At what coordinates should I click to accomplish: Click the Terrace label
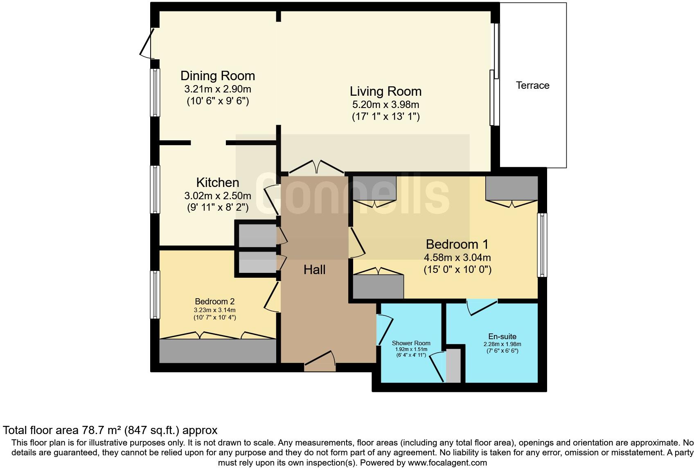[532, 85]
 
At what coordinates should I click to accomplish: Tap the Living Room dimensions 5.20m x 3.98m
[385, 105]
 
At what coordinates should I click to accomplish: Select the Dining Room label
[218, 76]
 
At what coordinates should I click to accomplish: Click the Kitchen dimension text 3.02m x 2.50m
[218, 196]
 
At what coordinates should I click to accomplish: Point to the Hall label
[315, 270]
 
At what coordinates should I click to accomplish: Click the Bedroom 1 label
[457, 244]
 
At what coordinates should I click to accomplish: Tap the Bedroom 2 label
[214, 301]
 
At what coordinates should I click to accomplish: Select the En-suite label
[502, 337]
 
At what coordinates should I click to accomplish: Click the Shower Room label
[411, 343]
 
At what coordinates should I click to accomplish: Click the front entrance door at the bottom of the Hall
[320, 360]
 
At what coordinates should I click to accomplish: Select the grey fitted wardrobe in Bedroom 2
[218, 351]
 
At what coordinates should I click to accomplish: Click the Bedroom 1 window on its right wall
[542, 245]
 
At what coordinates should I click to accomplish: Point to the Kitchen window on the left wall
[155, 189]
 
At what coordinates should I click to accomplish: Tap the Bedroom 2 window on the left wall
[155, 295]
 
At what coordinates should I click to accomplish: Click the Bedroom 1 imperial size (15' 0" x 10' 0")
[457, 270]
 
